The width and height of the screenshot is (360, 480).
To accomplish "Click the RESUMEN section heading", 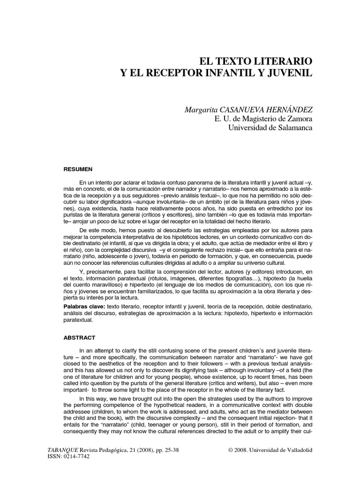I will pyautogui.click(x=79, y=169).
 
